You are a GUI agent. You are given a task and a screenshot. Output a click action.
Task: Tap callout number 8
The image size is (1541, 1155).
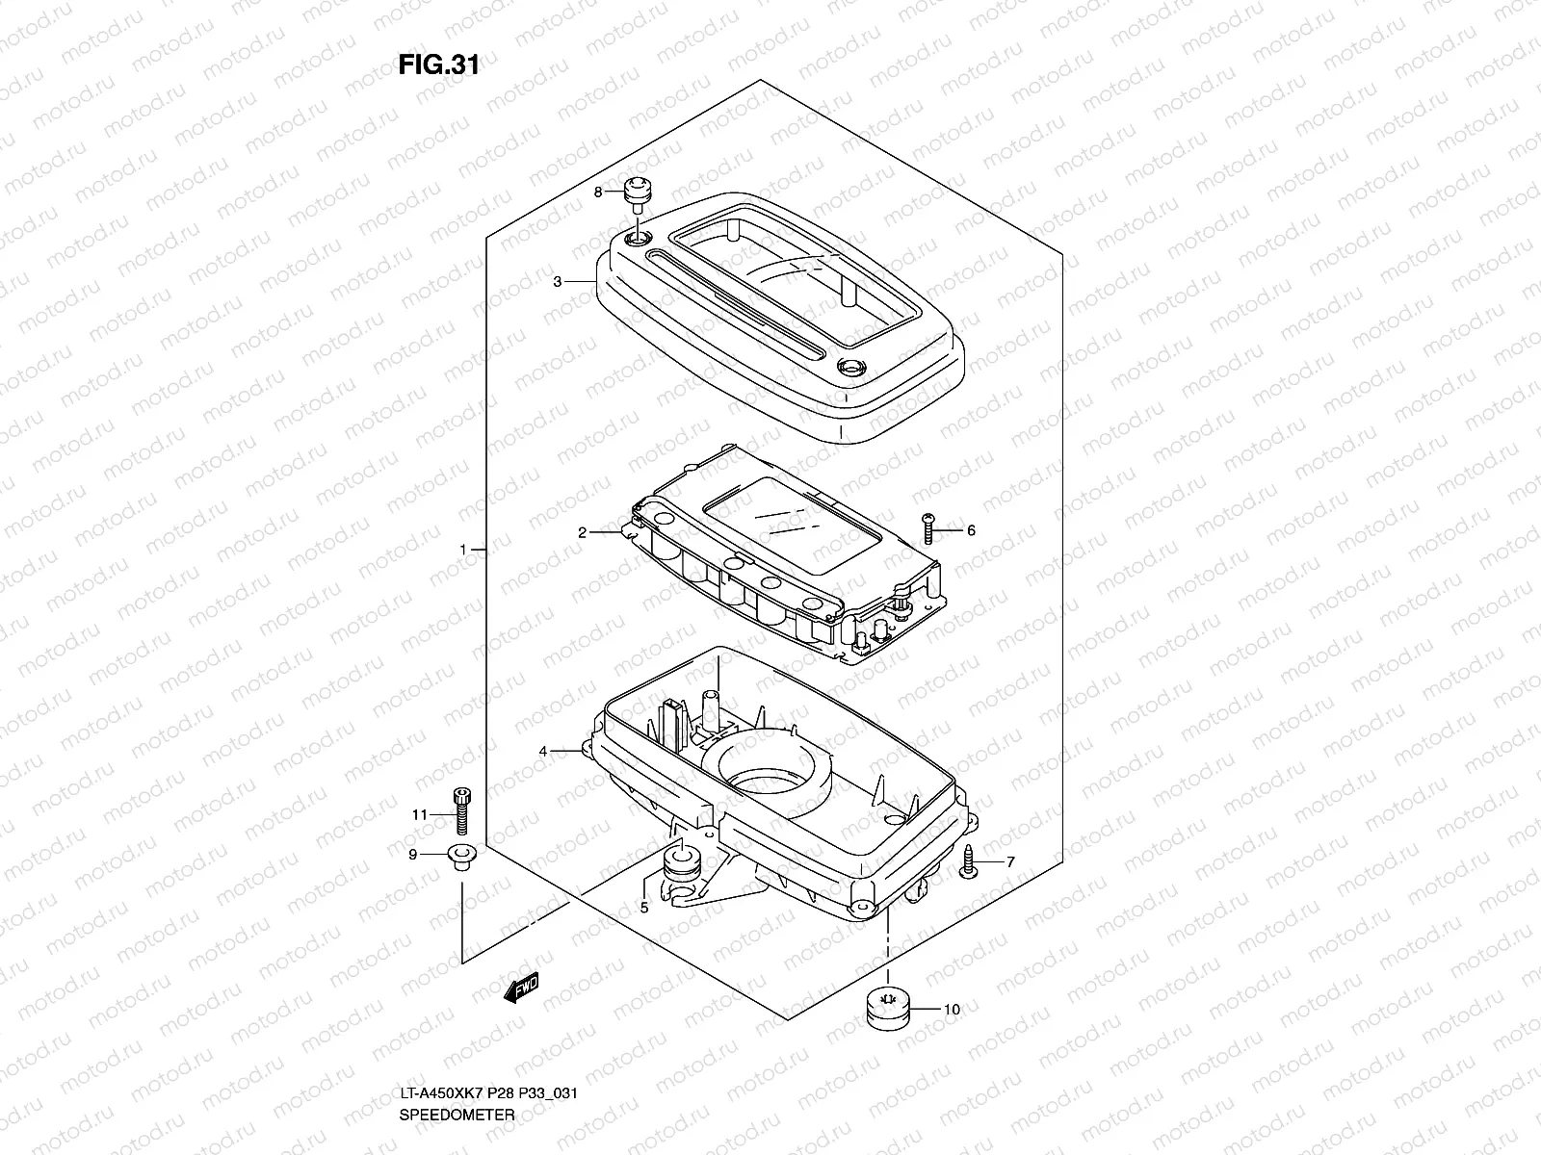(x=597, y=192)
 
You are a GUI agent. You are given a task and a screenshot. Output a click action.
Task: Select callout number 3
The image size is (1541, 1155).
(x=557, y=282)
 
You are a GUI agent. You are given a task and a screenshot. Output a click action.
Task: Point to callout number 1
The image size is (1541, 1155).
(x=463, y=550)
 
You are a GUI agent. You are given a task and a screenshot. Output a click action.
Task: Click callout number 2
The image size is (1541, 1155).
(x=583, y=532)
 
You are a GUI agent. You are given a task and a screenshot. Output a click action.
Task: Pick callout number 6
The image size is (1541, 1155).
(x=971, y=530)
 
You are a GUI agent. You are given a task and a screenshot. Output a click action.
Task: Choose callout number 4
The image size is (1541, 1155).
(x=543, y=751)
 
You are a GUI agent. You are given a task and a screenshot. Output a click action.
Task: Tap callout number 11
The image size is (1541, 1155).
(x=419, y=815)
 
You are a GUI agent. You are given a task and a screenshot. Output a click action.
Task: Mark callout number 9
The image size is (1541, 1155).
(x=412, y=854)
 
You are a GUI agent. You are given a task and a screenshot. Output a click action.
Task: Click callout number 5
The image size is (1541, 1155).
(x=644, y=907)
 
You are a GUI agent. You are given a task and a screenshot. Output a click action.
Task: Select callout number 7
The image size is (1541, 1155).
(x=1009, y=862)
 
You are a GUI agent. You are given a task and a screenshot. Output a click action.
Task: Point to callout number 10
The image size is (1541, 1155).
(x=952, y=1010)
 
